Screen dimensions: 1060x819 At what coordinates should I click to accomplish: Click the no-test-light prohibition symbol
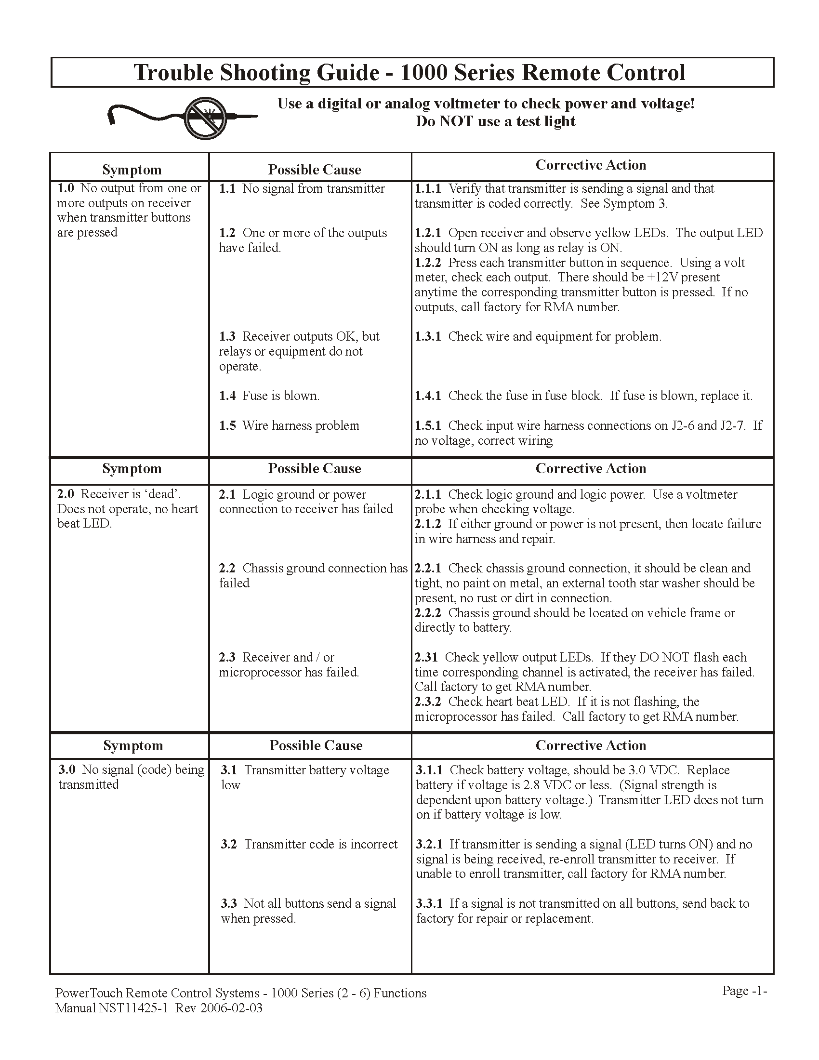(x=205, y=118)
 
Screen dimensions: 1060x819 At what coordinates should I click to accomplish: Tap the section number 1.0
(x=66, y=188)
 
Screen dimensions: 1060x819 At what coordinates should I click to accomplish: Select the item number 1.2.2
(x=427, y=263)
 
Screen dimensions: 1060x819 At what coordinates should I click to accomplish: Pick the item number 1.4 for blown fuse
(x=227, y=396)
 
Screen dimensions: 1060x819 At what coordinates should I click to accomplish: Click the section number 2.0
(x=66, y=494)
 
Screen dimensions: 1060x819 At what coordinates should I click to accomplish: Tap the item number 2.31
(x=426, y=657)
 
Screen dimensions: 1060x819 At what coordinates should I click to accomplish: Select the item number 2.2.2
(x=427, y=613)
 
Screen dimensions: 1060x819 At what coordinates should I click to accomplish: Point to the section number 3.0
(x=67, y=770)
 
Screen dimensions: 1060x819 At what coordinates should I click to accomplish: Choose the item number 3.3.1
(x=429, y=903)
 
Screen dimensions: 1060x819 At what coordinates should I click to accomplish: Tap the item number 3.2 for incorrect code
(x=228, y=844)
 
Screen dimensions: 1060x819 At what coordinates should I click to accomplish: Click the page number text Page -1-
(x=744, y=991)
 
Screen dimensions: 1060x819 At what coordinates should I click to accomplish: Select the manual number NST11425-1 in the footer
(x=133, y=1008)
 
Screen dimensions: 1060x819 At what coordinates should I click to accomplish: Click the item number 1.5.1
(x=427, y=425)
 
